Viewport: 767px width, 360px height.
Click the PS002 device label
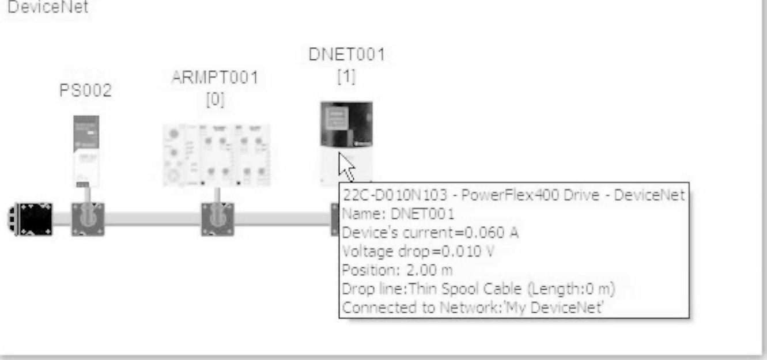(x=86, y=92)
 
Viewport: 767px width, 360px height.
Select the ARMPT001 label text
(x=214, y=78)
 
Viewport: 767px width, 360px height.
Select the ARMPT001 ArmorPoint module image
(x=216, y=154)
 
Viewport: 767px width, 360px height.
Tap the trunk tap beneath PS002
(x=88, y=219)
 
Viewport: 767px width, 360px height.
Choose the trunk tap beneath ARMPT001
(x=217, y=219)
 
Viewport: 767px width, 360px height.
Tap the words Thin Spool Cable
(x=434, y=289)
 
